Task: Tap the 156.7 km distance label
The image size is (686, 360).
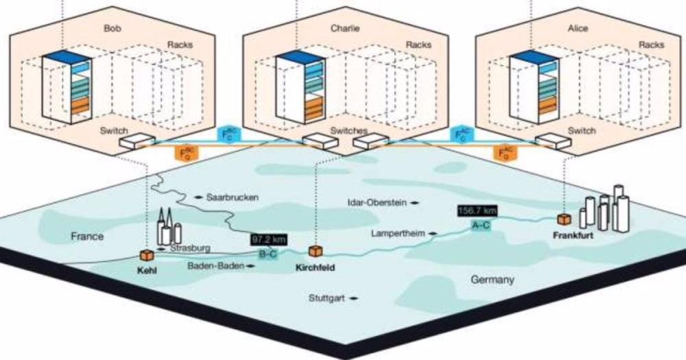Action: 480,211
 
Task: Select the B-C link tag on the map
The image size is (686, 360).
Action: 268,254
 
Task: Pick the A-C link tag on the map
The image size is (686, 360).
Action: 480,224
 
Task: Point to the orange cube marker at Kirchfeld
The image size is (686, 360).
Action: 316,252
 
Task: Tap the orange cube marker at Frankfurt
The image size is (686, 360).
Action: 563,219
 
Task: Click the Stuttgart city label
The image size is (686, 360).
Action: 329,298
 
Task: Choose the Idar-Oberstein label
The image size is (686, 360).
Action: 378,202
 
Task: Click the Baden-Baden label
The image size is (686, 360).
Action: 215,266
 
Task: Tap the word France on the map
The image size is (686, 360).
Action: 87,237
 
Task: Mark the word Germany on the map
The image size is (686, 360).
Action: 493,280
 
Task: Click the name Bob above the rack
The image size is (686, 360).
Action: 111,29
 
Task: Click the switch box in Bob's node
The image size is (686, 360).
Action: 135,142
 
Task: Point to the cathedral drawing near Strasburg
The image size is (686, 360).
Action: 165,225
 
